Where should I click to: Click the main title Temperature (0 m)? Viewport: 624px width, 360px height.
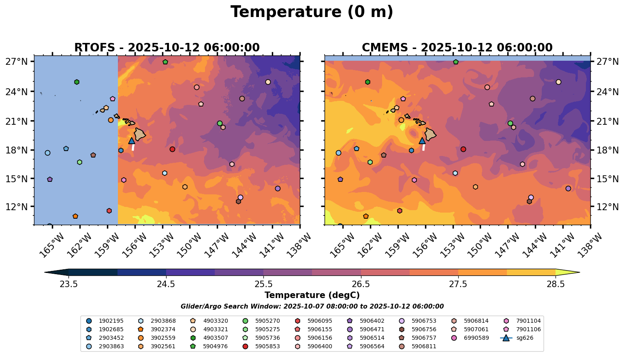[x=312, y=12]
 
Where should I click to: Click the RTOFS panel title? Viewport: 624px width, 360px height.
[x=167, y=48]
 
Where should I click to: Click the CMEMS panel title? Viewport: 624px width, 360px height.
[x=457, y=48]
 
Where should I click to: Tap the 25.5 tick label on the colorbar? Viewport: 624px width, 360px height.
[x=263, y=284]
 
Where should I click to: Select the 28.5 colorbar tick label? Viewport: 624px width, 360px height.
[x=556, y=284]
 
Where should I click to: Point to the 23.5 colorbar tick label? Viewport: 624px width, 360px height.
[x=69, y=284]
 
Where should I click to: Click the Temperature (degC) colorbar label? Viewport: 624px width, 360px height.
[x=312, y=295]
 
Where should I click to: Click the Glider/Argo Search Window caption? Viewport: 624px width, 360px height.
[x=312, y=307]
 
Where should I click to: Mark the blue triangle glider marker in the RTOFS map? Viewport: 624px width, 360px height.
[x=132, y=141]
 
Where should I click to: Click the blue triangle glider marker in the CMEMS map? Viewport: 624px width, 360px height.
[x=422, y=141]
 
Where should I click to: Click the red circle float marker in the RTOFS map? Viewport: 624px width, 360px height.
[x=172, y=149]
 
